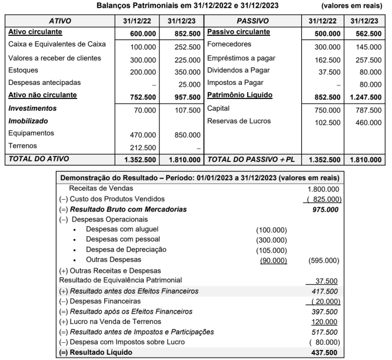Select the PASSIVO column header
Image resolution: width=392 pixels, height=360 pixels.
pyautogui.click(x=253, y=20)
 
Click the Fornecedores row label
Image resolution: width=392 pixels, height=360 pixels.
pyautogui.click(x=230, y=44)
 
